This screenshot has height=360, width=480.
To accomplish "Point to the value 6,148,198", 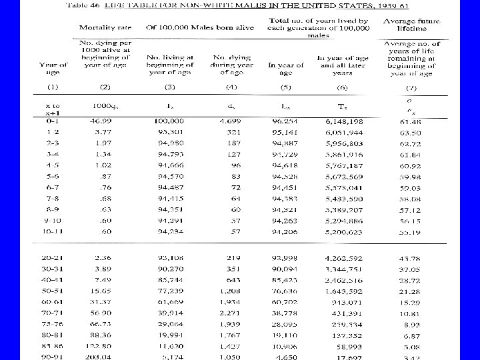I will click(x=345, y=121).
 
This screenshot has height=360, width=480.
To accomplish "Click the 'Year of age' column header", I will click(x=53, y=69).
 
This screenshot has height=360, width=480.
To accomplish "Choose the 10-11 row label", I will click(x=53, y=232).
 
